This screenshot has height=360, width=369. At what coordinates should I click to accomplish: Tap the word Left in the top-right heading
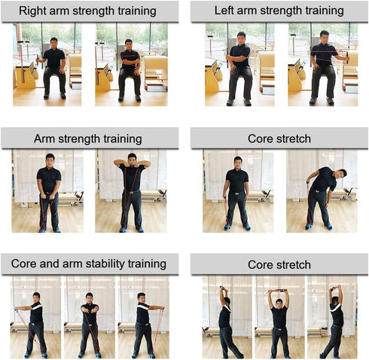pyautogui.click(x=224, y=11)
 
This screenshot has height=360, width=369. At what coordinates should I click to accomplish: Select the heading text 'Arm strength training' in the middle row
pyautogui.click(x=87, y=139)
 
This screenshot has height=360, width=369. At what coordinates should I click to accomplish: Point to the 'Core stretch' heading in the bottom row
pyautogui.click(x=279, y=265)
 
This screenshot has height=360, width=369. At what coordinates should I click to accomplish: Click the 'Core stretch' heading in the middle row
pyautogui.click(x=279, y=139)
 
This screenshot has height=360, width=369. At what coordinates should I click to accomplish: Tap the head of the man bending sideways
pyautogui.click(x=342, y=175)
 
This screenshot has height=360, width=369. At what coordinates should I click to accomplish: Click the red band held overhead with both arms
pyautogui.click(x=278, y=291)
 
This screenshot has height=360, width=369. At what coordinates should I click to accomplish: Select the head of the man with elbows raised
pyautogui.click(x=132, y=160)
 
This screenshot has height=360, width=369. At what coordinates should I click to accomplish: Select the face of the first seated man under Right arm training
pyautogui.click(x=54, y=43)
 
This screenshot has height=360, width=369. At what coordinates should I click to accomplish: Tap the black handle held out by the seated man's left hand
pyautogui.click(x=347, y=57)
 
